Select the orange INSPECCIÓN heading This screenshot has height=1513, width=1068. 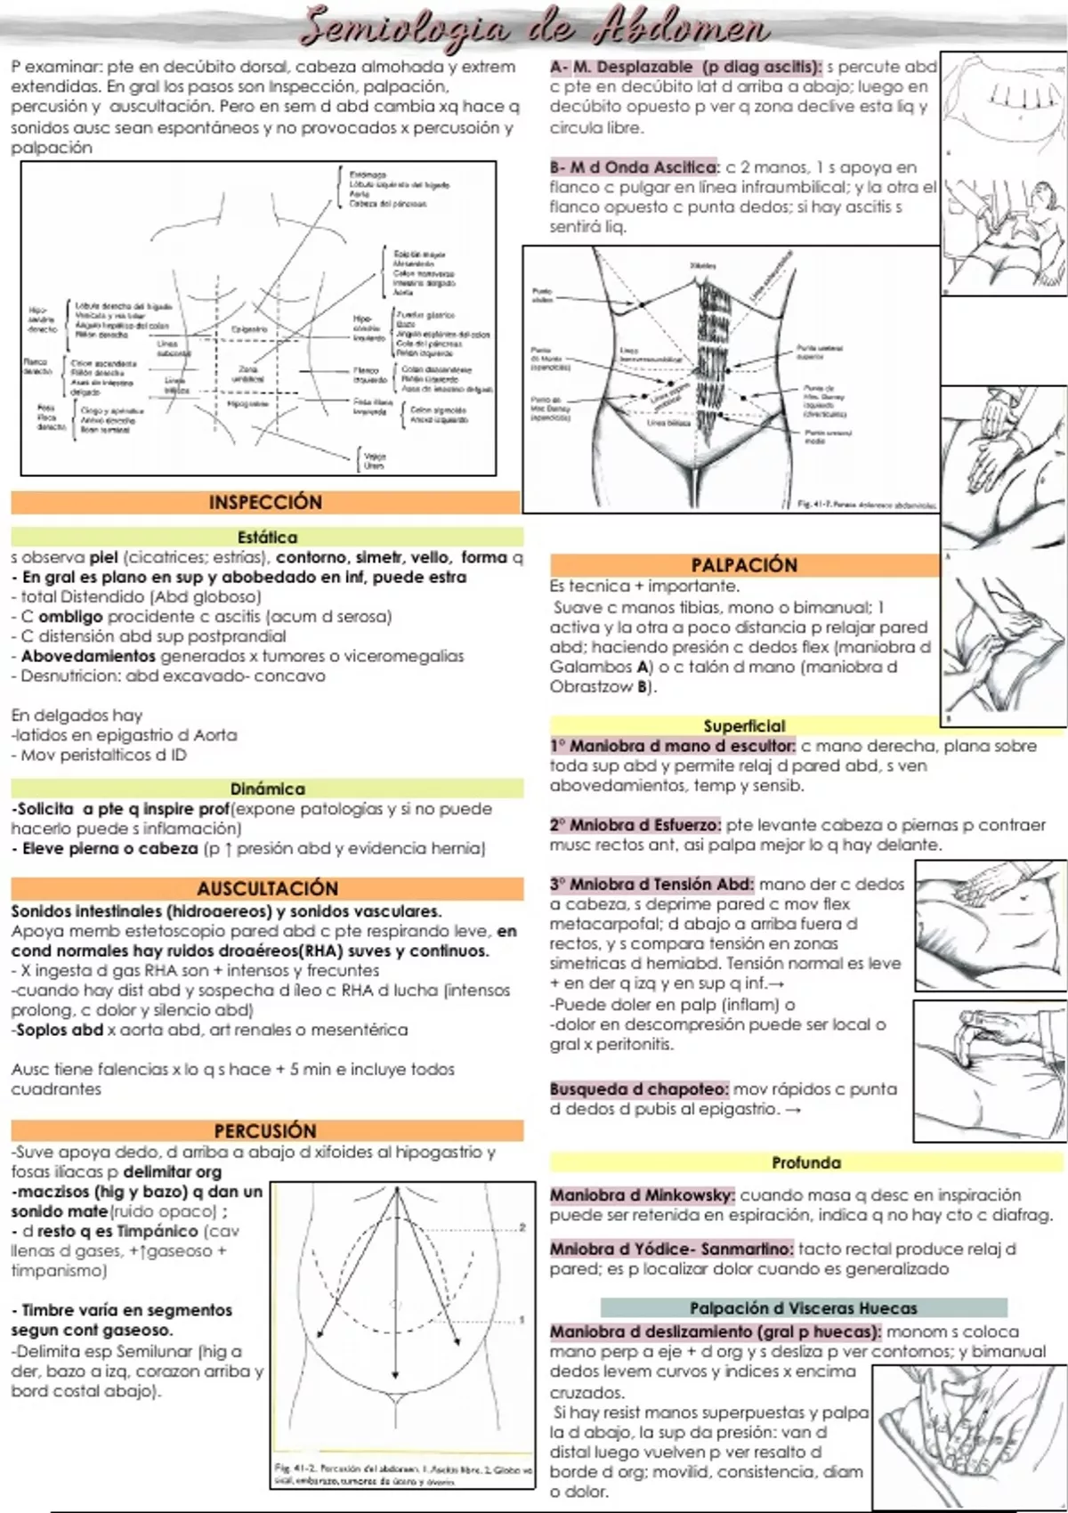click(x=265, y=502)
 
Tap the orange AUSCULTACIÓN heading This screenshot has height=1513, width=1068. click(x=267, y=888)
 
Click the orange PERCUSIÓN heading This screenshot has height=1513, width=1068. click(x=265, y=1130)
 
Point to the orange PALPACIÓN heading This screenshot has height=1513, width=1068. click(x=744, y=564)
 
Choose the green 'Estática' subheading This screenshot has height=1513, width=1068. click(x=267, y=537)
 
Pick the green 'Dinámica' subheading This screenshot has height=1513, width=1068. click(x=267, y=789)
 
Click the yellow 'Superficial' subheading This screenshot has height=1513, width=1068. click(x=744, y=725)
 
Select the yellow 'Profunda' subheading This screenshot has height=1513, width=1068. click(x=806, y=1162)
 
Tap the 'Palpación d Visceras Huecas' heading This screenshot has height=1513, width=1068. click(x=804, y=1307)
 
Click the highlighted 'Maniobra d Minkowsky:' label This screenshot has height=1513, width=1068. click(x=642, y=1195)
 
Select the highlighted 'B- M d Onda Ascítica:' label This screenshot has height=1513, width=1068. click(x=634, y=167)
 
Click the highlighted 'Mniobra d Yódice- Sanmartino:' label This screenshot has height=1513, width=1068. click(x=671, y=1249)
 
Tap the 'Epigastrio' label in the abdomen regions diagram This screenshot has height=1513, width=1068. click(x=249, y=329)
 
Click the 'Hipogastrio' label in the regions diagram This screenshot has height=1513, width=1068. click(x=247, y=404)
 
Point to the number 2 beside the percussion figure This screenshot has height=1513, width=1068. click(x=522, y=1227)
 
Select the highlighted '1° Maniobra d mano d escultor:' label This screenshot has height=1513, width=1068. click(x=672, y=746)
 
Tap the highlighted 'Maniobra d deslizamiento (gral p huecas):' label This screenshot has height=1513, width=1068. click(x=715, y=1331)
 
